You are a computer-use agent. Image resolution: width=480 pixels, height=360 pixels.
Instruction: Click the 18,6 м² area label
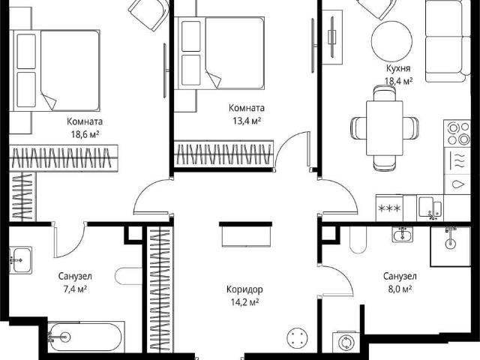click(85, 134)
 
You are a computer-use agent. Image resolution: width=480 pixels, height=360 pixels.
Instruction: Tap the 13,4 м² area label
click(247, 121)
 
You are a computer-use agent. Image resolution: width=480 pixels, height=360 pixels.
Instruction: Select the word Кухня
click(398, 68)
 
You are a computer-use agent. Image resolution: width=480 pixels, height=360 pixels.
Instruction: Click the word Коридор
click(244, 289)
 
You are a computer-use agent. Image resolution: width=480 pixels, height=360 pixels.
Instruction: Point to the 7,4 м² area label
click(75, 289)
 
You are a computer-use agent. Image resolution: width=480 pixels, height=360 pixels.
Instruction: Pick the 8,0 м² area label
click(400, 289)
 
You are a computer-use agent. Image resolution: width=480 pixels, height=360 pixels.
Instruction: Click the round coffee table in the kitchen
click(391, 41)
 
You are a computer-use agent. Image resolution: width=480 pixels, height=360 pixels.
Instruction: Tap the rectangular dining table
click(385, 128)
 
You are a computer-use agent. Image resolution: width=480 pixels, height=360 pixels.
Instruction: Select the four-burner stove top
click(457, 133)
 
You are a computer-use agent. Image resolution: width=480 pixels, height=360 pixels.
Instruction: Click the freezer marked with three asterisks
click(389, 208)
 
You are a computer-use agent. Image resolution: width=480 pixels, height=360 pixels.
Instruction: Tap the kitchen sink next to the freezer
click(430, 208)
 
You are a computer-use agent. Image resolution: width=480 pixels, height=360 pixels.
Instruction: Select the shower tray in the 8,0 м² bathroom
click(450, 246)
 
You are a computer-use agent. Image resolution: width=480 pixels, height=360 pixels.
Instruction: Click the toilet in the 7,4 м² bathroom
click(128, 277)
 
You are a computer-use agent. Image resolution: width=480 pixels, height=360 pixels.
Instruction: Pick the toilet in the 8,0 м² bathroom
click(358, 240)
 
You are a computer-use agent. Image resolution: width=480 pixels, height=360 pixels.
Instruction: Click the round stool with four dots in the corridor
click(296, 337)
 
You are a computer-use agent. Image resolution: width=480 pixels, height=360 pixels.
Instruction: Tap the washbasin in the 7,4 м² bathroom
click(20, 260)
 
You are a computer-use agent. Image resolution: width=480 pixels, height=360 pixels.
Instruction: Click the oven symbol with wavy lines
click(457, 160)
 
